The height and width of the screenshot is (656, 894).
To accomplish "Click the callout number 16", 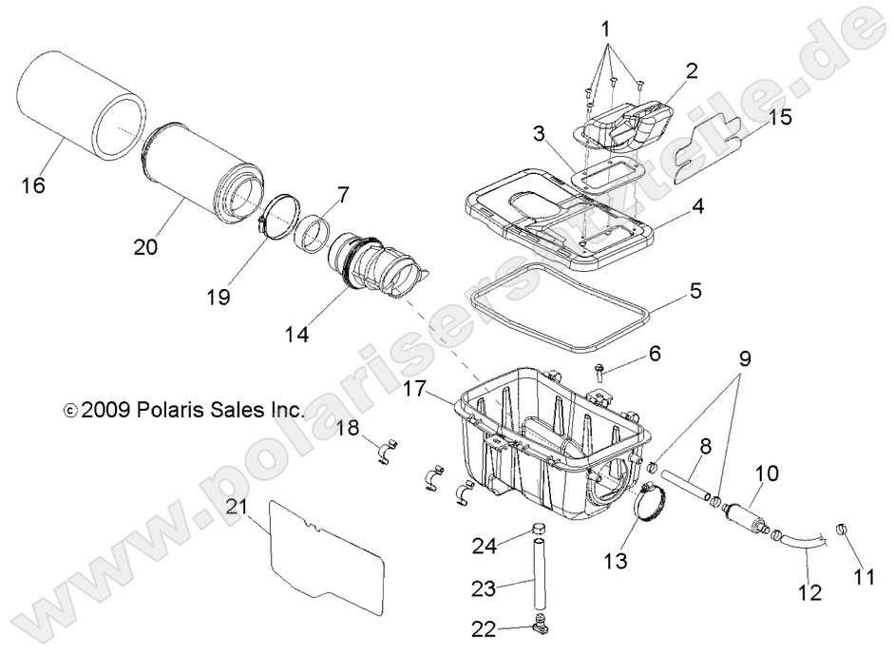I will tap(33, 185).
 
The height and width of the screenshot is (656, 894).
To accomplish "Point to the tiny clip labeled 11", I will tap(843, 530).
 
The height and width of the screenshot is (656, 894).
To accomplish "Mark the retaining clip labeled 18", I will tap(390, 446).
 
